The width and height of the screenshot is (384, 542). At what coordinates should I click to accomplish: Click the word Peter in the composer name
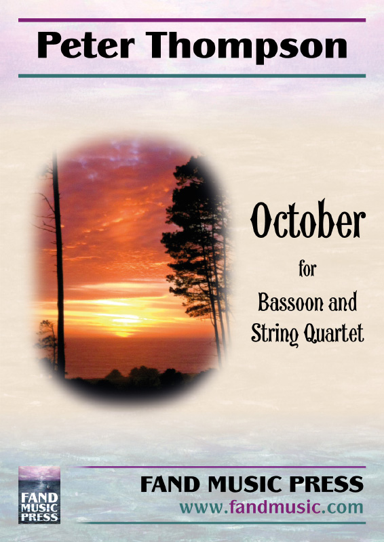86,45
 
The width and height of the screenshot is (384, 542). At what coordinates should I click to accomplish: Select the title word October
308,219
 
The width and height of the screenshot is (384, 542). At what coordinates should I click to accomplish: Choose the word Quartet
334,333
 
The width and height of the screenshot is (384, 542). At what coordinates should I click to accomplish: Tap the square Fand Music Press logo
39,495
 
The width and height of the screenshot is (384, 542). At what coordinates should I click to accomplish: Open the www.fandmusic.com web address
271,507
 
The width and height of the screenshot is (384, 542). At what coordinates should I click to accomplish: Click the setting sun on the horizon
123,333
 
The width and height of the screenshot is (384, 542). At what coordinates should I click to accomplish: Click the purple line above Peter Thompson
192,20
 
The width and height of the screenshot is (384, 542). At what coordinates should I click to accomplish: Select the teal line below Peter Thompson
192,76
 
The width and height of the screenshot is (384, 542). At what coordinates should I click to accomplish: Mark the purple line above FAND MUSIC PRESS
220,467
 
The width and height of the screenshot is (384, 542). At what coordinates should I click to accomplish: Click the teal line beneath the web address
220,523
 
